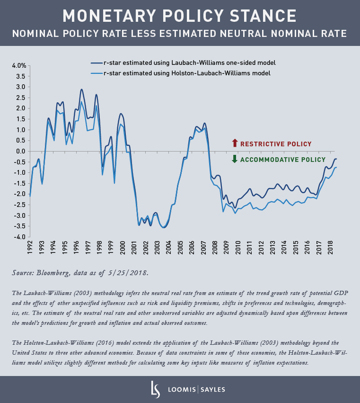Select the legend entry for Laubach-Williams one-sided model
189,63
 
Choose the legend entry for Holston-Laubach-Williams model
186,73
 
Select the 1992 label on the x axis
30,250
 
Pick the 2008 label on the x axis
215,250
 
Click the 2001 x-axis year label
134,250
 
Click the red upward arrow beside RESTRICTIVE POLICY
234,143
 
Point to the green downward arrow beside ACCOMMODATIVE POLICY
234,160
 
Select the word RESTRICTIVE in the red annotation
263,143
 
